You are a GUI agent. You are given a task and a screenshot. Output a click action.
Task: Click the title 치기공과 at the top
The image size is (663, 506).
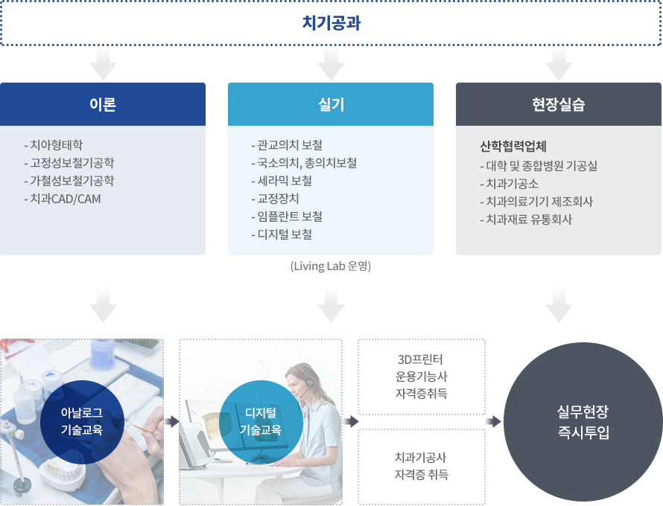coord(331,23)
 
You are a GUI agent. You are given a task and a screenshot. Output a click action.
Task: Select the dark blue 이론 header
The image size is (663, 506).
coord(103,104)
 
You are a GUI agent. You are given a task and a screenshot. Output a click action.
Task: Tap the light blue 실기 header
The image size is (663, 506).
coord(331,104)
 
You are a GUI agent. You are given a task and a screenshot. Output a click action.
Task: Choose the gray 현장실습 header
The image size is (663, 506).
coord(559,104)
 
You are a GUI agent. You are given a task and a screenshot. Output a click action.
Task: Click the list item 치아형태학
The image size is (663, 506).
coord(54,145)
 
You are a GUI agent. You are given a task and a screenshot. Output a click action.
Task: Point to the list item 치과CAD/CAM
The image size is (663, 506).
coord(63,199)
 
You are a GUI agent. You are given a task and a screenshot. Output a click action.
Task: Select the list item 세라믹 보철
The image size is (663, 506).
coord(282,181)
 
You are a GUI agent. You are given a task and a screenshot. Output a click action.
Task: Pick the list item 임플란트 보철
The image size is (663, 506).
coord(287,217)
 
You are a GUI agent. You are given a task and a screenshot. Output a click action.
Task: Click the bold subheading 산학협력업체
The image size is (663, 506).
coord(513,146)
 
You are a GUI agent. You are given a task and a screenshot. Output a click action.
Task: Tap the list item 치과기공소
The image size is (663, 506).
coord(510,184)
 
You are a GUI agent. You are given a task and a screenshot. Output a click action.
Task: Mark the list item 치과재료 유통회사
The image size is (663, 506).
coord(526,220)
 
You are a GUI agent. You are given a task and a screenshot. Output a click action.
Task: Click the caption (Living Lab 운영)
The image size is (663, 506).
coord(331,266)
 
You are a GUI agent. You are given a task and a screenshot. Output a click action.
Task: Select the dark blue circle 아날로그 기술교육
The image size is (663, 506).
coord(82,422)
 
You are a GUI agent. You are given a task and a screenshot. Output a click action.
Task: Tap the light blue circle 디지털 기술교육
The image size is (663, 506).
coord(261,422)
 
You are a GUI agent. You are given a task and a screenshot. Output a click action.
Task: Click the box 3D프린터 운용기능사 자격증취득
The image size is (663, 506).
coord(422,377)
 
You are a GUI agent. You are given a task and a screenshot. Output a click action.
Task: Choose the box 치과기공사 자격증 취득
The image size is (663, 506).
coord(422,467)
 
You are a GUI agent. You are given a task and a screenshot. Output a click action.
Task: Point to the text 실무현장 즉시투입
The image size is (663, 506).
coord(583,421)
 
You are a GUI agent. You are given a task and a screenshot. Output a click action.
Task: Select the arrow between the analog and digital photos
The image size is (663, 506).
coord(171,421)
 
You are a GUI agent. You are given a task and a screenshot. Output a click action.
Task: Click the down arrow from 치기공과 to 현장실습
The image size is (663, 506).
coord(559,63)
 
